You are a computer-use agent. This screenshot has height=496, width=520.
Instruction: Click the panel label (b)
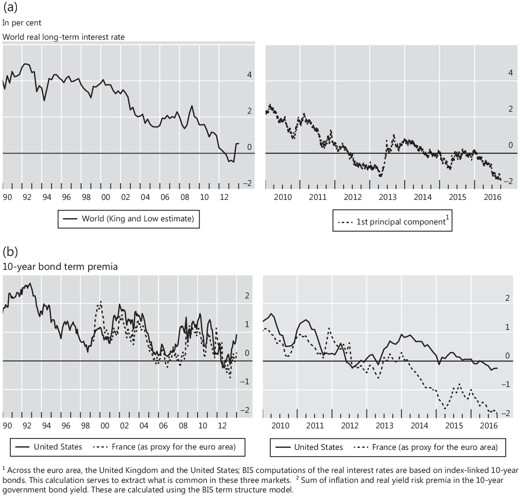[10, 251]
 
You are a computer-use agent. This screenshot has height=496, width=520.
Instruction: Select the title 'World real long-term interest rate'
[64, 37]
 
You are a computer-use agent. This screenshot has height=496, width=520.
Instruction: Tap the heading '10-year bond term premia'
[60, 266]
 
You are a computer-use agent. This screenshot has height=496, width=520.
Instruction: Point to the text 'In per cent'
[21, 23]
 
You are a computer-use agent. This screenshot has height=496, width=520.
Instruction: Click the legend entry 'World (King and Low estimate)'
[138, 219]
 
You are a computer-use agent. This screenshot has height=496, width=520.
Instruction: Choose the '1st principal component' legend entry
[401, 222]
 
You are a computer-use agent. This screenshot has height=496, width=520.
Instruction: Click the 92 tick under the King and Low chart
[27, 197]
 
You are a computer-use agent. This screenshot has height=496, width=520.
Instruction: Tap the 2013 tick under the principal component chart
[388, 197]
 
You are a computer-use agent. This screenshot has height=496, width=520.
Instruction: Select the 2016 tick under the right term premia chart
[489, 426]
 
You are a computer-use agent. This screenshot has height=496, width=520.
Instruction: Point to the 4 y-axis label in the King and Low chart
[250, 75]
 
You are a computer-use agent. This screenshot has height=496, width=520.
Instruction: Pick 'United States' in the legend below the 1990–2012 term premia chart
[58, 447]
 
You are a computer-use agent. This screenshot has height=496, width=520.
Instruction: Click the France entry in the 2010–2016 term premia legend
[435, 447]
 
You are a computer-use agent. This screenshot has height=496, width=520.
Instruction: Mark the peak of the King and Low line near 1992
[26, 64]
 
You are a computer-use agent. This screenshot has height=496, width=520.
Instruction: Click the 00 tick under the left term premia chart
[105, 426]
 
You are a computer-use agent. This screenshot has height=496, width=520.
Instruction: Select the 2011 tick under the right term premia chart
[315, 426]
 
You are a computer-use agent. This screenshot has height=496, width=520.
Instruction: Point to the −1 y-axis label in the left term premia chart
[246, 382]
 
